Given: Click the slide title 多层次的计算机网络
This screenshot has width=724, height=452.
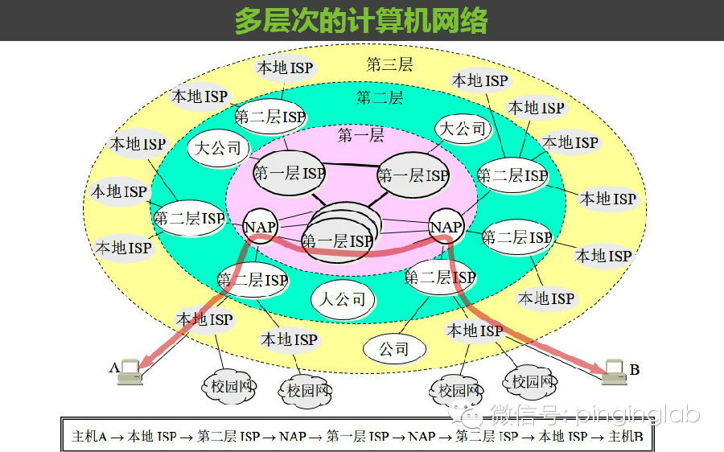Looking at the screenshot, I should [361, 20].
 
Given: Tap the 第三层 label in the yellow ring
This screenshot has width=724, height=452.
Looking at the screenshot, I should [389, 64].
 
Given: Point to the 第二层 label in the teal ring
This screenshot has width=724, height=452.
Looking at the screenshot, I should [380, 98].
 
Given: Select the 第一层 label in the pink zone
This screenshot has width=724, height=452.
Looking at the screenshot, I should [360, 135].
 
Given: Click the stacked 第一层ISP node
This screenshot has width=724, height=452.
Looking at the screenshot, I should [338, 233].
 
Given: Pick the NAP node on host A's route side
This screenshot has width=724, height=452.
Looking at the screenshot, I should [261, 227].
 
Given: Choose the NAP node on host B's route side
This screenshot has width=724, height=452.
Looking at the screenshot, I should [446, 227].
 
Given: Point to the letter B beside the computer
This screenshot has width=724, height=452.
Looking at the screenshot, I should [635, 370].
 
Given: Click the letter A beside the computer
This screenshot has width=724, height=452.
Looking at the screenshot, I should [113, 368].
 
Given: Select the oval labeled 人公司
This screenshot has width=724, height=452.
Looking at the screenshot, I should [343, 299].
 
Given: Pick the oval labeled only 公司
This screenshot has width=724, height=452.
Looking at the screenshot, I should [394, 349].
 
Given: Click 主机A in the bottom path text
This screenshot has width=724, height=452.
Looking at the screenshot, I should [89, 437].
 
